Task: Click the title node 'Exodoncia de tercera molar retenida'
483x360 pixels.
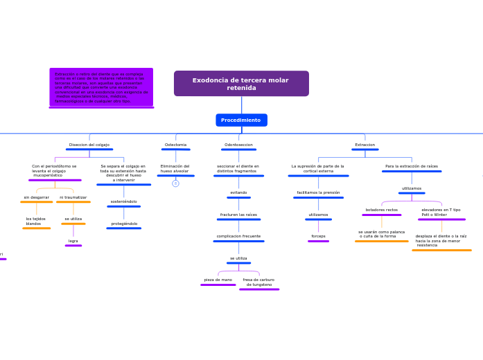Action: coord(241,84)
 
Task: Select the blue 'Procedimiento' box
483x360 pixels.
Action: coord(241,120)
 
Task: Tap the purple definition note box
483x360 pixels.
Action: coord(101,87)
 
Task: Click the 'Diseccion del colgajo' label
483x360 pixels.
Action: coord(89,145)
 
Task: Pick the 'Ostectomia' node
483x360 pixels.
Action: coord(175,145)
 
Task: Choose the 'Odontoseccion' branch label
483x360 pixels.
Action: coord(238,145)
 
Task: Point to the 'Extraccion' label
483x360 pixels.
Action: coord(365,145)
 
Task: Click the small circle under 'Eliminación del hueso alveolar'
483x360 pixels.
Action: coord(175,183)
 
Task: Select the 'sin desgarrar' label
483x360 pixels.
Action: coord(37,197)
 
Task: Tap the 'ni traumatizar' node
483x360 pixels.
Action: coord(73,197)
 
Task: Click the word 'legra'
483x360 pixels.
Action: coord(73,241)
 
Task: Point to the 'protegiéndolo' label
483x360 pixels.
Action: coord(124,224)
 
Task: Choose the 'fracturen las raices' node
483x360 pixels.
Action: coord(238,215)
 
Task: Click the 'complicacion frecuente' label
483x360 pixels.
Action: coord(238,236)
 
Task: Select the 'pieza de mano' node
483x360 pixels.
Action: coord(218,280)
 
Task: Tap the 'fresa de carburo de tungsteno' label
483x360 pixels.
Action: coord(258,282)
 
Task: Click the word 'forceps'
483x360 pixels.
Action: coord(318,236)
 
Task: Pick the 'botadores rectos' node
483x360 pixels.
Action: coord(382,210)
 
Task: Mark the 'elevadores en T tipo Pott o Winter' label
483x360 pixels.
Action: coord(441,212)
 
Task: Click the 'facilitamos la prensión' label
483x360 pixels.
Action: coord(318,192)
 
